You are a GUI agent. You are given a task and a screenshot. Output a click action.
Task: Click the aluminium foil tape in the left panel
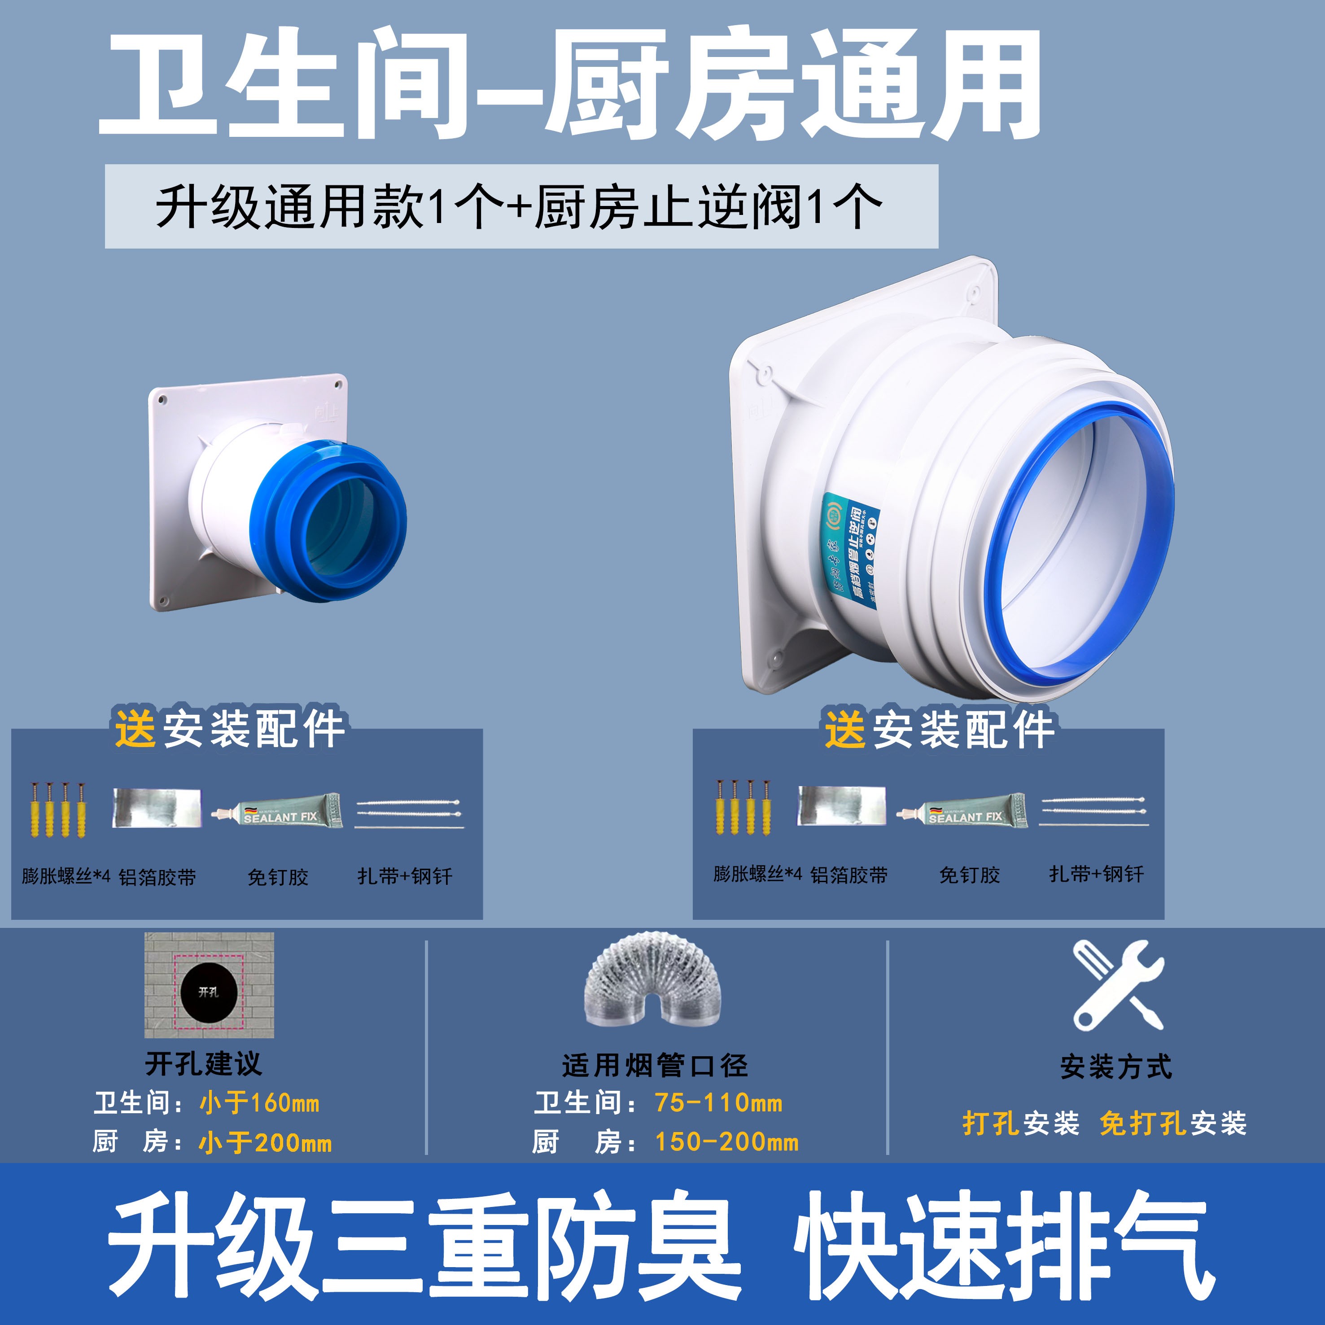[x=156, y=808]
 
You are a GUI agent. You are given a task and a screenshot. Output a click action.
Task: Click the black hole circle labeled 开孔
[x=209, y=992]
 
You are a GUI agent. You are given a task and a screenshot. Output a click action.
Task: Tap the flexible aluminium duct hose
[x=652, y=981]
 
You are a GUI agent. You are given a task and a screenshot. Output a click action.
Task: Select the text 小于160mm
[x=259, y=1103]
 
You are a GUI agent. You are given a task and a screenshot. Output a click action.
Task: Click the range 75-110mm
[x=718, y=1102]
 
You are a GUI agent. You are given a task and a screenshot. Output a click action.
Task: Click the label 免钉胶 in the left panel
[x=278, y=876]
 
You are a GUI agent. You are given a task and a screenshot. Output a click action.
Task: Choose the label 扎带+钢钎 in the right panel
[x=1096, y=874]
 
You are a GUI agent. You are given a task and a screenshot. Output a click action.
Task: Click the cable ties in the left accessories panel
[x=409, y=813]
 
